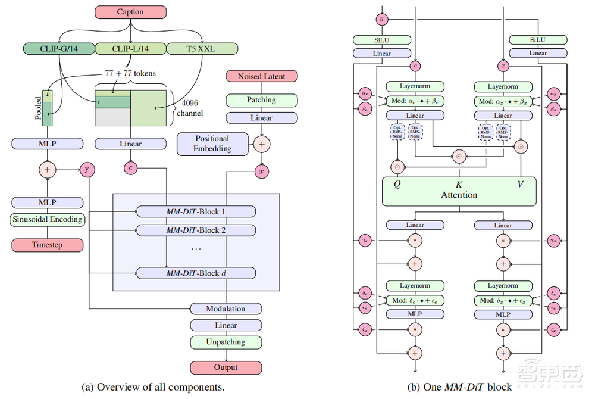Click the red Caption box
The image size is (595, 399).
[x=130, y=11]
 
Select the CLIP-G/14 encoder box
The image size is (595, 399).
[x=58, y=48]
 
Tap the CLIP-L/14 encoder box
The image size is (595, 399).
[x=130, y=48]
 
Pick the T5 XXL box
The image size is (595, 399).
[x=202, y=48]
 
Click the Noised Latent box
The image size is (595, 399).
[x=261, y=76]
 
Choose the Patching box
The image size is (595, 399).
[x=261, y=100]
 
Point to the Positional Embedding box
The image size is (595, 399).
[x=212, y=143]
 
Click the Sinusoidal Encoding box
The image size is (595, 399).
[x=48, y=219]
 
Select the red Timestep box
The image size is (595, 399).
[x=48, y=244]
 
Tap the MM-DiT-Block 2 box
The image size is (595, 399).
[x=196, y=230]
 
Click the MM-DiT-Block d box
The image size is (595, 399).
[x=196, y=273]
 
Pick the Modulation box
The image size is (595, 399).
[x=226, y=309]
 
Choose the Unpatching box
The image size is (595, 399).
[x=226, y=342]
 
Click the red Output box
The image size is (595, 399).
[x=226, y=367]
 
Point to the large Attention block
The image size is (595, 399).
[x=459, y=191]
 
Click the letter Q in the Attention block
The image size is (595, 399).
[x=396, y=184]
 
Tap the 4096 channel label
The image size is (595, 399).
[x=192, y=107]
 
